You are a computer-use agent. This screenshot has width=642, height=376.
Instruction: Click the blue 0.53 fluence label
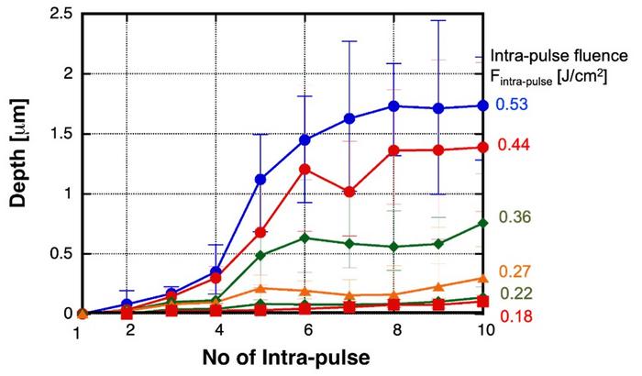point(510,105)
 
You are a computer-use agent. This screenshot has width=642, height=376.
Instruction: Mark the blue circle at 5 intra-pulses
point(261,179)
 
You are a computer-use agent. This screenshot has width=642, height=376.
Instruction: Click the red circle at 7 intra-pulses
point(349,192)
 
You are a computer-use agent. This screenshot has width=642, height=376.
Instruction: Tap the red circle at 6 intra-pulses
point(305,169)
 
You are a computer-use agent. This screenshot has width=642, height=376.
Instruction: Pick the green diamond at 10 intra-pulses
point(482,223)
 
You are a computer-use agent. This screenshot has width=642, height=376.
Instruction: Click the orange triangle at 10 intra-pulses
point(482,279)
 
